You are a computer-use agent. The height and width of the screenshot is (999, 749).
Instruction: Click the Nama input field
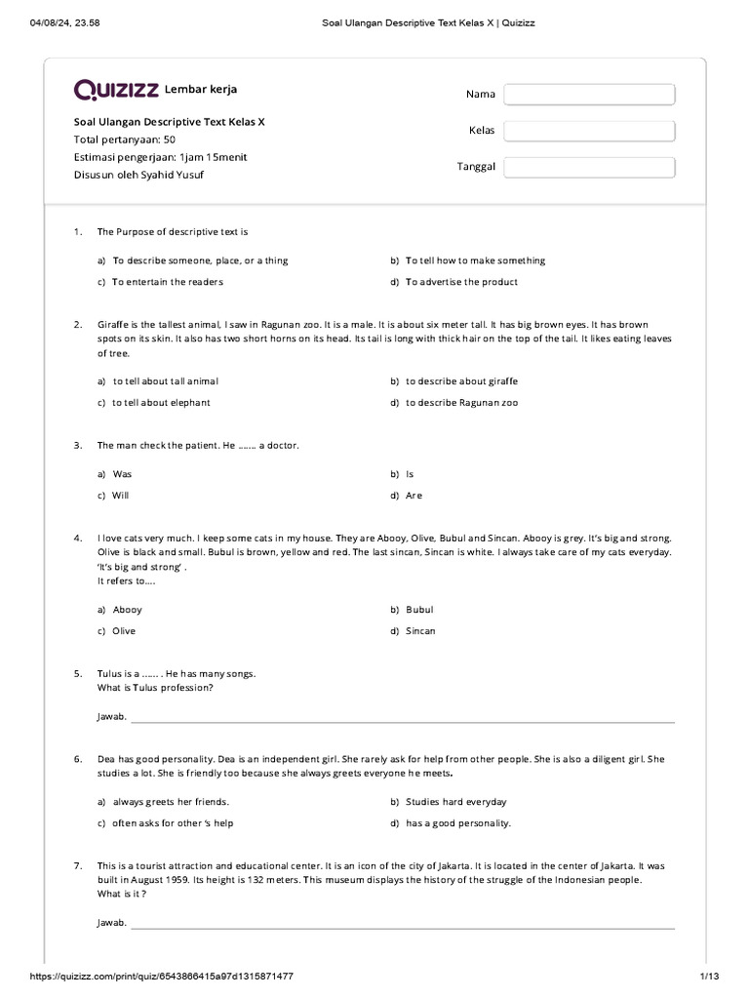pyautogui.click(x=589, y=95)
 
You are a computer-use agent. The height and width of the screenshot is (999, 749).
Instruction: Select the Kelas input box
pyautogui.click(x=589, y=131)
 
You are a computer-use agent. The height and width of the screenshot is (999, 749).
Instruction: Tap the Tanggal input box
pyautogui.click(x=589, y=167)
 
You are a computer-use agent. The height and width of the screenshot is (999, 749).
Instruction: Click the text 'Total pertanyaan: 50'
pyautogui.click(x=125, y=140)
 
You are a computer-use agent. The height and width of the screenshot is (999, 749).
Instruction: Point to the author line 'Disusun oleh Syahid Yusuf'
pyautogui.click(x=139, y=176)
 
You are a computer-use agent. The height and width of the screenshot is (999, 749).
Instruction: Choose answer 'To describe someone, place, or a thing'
pyautogui.click(x=200, y=260)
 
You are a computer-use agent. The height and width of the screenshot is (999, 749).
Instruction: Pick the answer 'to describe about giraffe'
pyautogui.click(x=461, y=380)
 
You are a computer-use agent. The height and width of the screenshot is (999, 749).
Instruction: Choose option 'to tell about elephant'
pyautogui.click(x=161, y=402)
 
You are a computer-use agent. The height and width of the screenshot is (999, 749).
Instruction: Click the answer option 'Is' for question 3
pyautogui.click(x=410, y=474)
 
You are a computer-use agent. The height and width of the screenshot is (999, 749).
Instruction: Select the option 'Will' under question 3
pyautogui.click(x=121, y=496)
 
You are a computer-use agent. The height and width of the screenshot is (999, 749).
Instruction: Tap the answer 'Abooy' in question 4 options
pyautogui.click(x=127, y=610)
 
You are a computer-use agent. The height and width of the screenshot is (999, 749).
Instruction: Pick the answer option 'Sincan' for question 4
pyautogui.click(x=420, y=631)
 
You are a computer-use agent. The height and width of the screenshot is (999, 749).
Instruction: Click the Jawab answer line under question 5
pyautogui.click(x=402, y=720)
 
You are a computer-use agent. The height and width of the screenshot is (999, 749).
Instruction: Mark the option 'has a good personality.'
pyautogui.click(x=458, y=823)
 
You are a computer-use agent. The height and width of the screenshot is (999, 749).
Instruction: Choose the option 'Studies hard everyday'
pyautogui.click(x=456, y=802)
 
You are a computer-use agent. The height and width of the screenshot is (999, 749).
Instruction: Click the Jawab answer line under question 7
pyautogui.click(x=402, y=926)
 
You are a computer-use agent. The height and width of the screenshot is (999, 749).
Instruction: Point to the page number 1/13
pyautogui.click(x=708, y=977)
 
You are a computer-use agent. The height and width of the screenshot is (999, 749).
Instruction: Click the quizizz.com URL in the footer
pyautogui.click(x=162, y=977)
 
